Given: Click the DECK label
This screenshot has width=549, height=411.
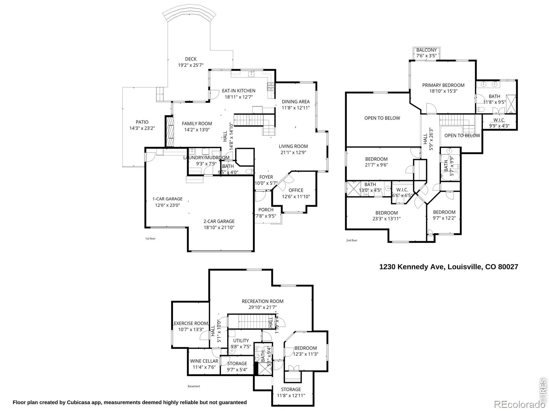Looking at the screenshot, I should [190, 59].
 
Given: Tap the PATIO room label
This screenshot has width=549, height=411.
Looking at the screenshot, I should [142, 122].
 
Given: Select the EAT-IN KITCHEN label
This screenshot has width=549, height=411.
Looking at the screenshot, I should [238, 91].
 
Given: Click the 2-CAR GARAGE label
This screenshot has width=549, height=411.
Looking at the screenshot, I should [219, 221].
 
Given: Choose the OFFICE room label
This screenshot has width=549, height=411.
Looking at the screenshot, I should [296, 190].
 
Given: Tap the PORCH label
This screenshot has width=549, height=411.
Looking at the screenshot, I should [266, 210].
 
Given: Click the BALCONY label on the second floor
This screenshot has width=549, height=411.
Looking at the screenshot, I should [427, 50].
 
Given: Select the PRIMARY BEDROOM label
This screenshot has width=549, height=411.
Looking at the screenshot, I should [443, 85].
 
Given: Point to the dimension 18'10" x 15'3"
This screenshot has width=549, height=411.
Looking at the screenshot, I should [443, 91].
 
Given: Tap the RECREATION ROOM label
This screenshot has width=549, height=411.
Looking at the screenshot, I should [262, 301].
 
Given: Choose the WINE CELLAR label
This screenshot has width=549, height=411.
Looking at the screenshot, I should [204, 361].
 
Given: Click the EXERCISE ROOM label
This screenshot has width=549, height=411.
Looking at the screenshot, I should [191, 323].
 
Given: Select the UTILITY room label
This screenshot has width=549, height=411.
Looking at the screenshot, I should [241, 340].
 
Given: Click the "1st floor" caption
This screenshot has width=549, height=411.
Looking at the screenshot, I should [150, 238].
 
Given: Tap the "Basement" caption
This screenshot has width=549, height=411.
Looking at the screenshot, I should [194, 386].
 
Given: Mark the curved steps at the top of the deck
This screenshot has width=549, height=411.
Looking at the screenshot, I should [189, 15].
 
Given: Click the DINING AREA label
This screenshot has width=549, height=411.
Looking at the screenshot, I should [295, 101].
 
